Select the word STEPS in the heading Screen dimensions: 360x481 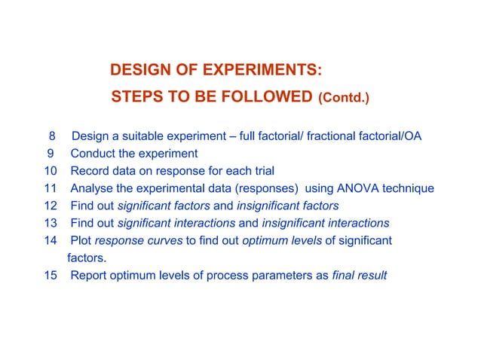pyautogui.click(x=134, y=97)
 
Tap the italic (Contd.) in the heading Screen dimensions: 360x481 pyautogui.click(x=344, y=98)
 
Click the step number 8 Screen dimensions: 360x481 pyautogui.click(x=52, y=136)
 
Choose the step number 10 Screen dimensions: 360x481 pyautogui.click(x=50, y=171)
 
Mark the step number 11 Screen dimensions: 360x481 pyautogui.click(x=50, y=188)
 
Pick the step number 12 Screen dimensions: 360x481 pyautogui.click(x=50, y=206)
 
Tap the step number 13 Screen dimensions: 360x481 pyautogui.click(x=50, y=223)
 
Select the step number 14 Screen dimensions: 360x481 pyautogui.click(x=50, y=240)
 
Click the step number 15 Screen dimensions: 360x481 pyautogui.click(x=50, y=275)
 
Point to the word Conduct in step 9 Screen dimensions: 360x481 pyautogui.click(x=93, y=154)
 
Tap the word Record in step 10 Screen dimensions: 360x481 pyautogui.click(x=90, y=171)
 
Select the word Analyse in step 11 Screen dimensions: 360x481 pyautogui.click(x=93, y=188)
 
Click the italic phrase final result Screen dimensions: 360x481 pyautogui.click(x=360, y=275)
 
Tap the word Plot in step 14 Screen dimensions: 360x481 pyautogui.click(x=81, y=240)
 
